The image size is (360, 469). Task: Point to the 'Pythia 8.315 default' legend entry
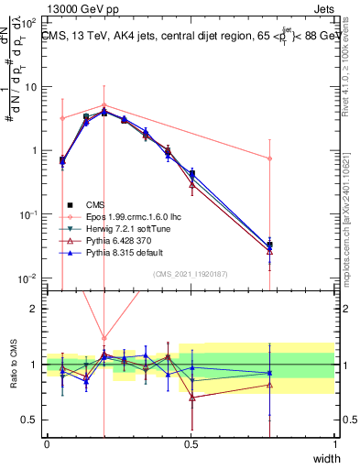pyautogui.click(x=123, y=251)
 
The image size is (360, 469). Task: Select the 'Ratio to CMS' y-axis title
pyautogui.click(x=13, y=365)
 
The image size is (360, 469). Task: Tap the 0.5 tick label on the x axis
pyautogui.click(x=191, y=443)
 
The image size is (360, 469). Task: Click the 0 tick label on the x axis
pyautogui.click(x=47, y=443)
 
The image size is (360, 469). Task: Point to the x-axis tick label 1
pyautogui.click(x=334, y=443)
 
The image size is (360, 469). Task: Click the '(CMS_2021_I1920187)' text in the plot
pyautogui.click(x=191, y=274)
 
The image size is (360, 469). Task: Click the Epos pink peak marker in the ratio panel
pyautogui.click(x=104, y=338)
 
